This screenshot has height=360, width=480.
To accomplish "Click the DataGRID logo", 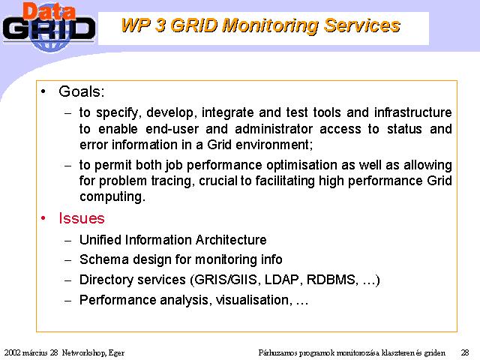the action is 49,27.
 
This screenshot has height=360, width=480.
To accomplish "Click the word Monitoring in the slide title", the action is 270,25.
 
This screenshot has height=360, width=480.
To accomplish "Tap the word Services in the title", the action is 362,25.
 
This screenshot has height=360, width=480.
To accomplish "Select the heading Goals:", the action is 82,91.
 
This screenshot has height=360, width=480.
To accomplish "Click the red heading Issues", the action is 82,218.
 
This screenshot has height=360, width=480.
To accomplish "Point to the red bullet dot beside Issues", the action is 43,218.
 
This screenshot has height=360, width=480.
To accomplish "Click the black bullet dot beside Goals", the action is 43,91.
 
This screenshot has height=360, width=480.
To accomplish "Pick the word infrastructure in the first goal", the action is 413,112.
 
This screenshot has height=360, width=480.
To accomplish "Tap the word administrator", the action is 274,129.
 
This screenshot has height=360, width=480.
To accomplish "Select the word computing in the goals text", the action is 111,196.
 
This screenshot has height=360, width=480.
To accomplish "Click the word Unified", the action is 100,240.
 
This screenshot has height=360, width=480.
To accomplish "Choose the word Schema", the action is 104,259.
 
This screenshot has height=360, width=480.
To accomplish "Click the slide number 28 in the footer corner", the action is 465,352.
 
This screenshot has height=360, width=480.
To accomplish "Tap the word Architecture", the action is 231,240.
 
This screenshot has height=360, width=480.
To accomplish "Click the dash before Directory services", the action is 68,280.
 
